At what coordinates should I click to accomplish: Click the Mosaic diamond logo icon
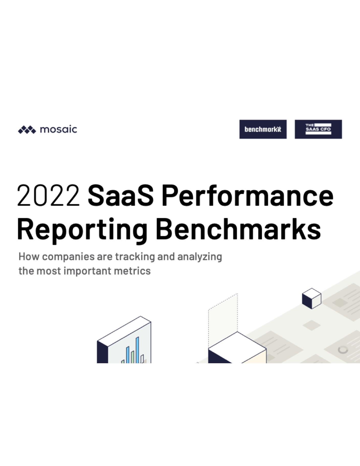27,130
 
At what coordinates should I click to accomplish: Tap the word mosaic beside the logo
59,129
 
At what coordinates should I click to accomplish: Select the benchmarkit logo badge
263,129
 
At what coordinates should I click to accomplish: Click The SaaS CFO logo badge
318,129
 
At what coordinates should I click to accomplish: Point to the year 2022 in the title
48,196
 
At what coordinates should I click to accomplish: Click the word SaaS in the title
120,196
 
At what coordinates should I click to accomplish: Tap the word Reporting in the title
82,229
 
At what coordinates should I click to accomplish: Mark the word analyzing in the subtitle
200,257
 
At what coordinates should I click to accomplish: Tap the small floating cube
311,298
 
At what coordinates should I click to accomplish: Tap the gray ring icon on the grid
343,350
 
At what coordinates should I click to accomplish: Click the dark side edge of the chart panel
102,353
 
